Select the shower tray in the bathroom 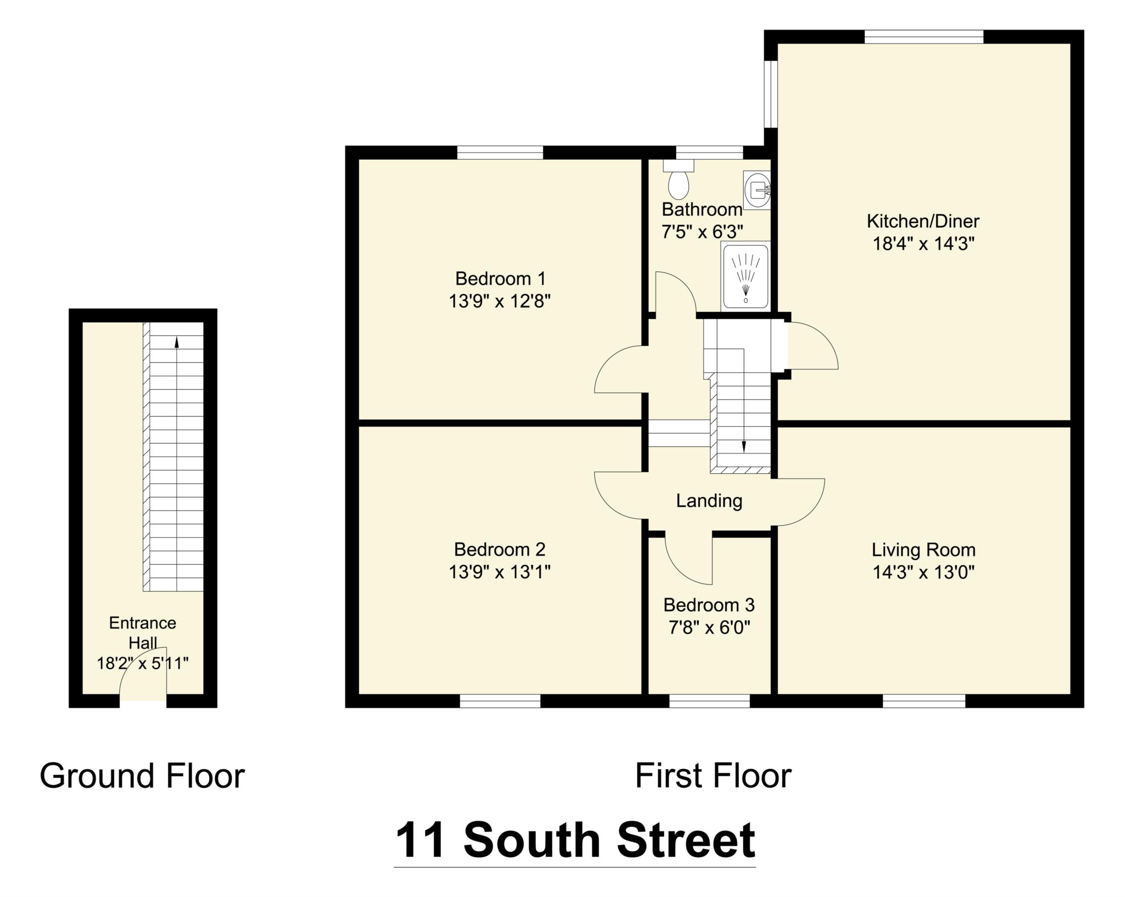tap(745, 276)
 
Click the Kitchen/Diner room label tap(923, 221)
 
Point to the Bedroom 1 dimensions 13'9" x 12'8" tap(499, 301)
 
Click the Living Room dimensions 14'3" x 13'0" tap(923, 573)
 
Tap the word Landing tap(709, 501)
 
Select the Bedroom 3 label tap(709, 605)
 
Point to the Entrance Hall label tap(142, 632)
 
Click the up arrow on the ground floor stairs tap(177, 342)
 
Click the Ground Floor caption tap(142, 776)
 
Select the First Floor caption tap(713, 776)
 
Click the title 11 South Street tap(575, 840)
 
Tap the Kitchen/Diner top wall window tap(923, 37)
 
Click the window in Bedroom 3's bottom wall tap(709, 701)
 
